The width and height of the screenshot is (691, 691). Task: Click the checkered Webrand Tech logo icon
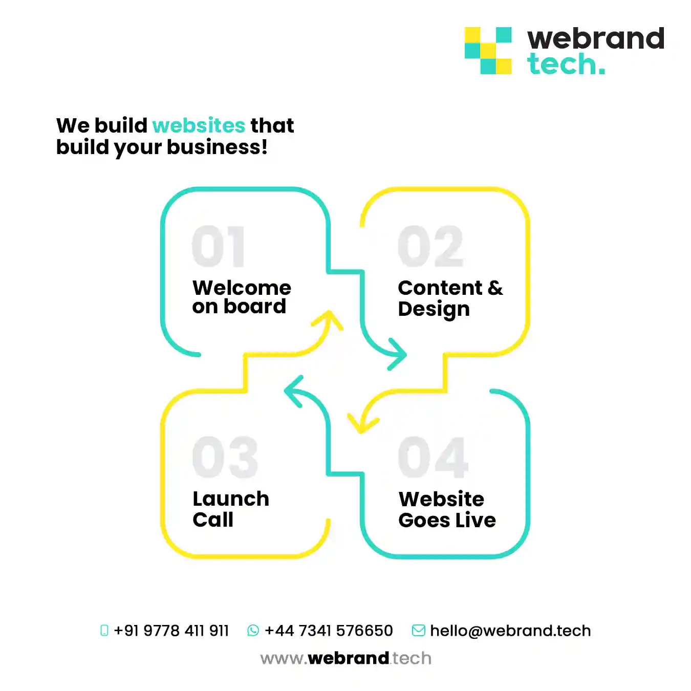point(488,51)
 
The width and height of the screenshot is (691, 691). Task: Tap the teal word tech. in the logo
point(566,64)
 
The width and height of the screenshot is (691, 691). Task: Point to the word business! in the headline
point(218,147)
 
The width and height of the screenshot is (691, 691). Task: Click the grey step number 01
point(218,246)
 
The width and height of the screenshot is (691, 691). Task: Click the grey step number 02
point(430,246)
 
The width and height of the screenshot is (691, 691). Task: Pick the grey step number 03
point(225,457)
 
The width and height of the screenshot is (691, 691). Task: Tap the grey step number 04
point(433,457)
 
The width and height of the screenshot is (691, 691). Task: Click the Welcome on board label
point(242,296)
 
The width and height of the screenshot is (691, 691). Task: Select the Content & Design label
point(450,298)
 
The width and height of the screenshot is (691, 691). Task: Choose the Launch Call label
point(231,509)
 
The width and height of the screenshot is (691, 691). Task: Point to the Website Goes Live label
point(447,510)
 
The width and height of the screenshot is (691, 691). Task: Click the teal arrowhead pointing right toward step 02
point(398,354)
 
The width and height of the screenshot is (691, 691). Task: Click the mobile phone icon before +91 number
point(104,631)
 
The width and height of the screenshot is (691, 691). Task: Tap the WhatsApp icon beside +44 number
point(253,631)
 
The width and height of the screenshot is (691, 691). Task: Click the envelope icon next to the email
point(419,631)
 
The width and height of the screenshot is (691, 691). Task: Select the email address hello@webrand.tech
point(510,631)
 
